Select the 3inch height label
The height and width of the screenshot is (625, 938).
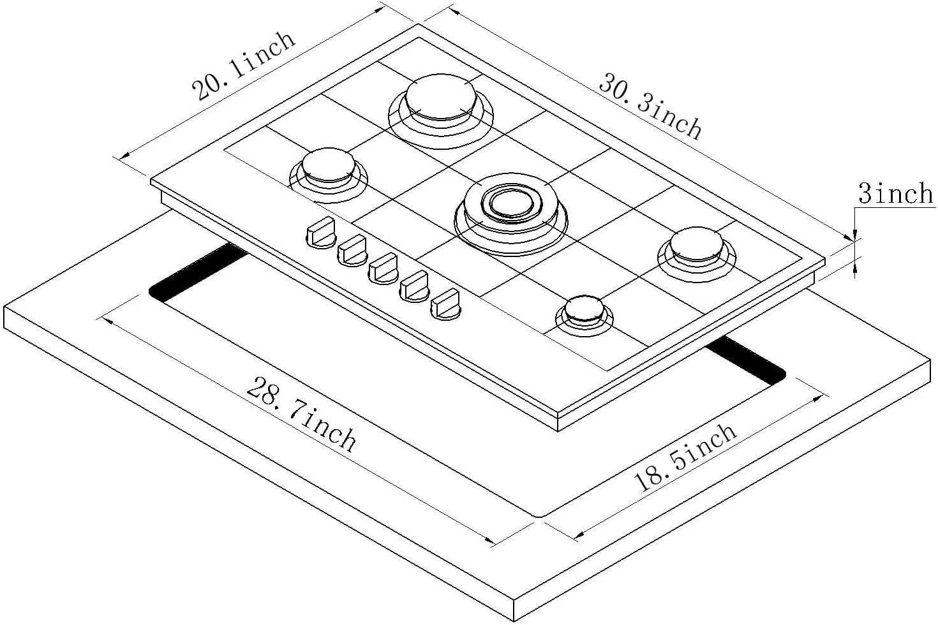pos(895,193)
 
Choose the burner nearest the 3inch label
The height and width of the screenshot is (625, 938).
pos(697,247)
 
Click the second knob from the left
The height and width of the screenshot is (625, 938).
pos(352,249)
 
